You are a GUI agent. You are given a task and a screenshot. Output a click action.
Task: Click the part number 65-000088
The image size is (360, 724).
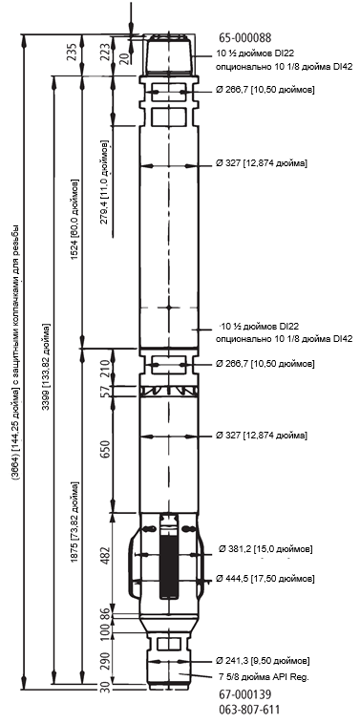(245, 38)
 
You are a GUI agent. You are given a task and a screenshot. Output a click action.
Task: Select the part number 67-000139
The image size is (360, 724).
(245, 694)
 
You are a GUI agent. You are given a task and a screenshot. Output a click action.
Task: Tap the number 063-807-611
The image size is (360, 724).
(249, 710)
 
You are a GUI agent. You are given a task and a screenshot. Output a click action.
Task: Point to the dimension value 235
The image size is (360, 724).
(72, 53)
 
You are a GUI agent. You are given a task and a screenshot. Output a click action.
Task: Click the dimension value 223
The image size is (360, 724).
(105, 52)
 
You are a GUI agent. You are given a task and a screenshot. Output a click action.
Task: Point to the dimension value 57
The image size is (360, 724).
(105, 391)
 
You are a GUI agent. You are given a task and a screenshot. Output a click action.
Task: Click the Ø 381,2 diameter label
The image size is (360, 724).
(265, 549)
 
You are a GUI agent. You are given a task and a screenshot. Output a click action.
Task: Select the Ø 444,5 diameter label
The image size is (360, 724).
(265, 579)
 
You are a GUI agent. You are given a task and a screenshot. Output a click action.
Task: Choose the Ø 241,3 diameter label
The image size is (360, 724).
(263, 660)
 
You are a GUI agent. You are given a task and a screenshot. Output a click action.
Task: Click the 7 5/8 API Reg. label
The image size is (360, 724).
(264, 677)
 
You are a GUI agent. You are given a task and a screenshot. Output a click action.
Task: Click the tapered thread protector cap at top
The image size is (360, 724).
(168, 54)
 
